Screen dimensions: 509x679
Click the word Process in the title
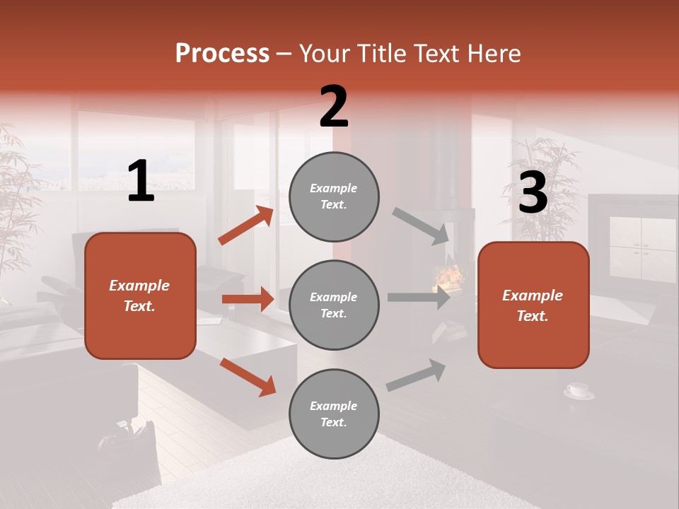pos(222,54)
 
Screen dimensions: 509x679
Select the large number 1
pos(141,182)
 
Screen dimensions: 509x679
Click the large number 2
pos(334,107)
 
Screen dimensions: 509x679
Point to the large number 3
pos(533,192)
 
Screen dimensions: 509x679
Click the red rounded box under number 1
pos(140,296)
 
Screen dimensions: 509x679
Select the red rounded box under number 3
pos(533,305)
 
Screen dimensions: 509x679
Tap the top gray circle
pos(334,197)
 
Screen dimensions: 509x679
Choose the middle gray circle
pos(334,305)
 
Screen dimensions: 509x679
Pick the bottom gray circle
pos(334,414)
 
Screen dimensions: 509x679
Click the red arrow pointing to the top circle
pos(246,226)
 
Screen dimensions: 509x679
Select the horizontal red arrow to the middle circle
pos(248,299)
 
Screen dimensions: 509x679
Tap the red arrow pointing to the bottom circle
pos(248,376)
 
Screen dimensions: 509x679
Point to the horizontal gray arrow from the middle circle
pos(419,298)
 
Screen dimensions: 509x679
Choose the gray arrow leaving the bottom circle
pos(416,375)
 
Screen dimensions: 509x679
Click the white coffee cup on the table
pos(578,390)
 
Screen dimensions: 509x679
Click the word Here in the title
pos(495,54)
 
